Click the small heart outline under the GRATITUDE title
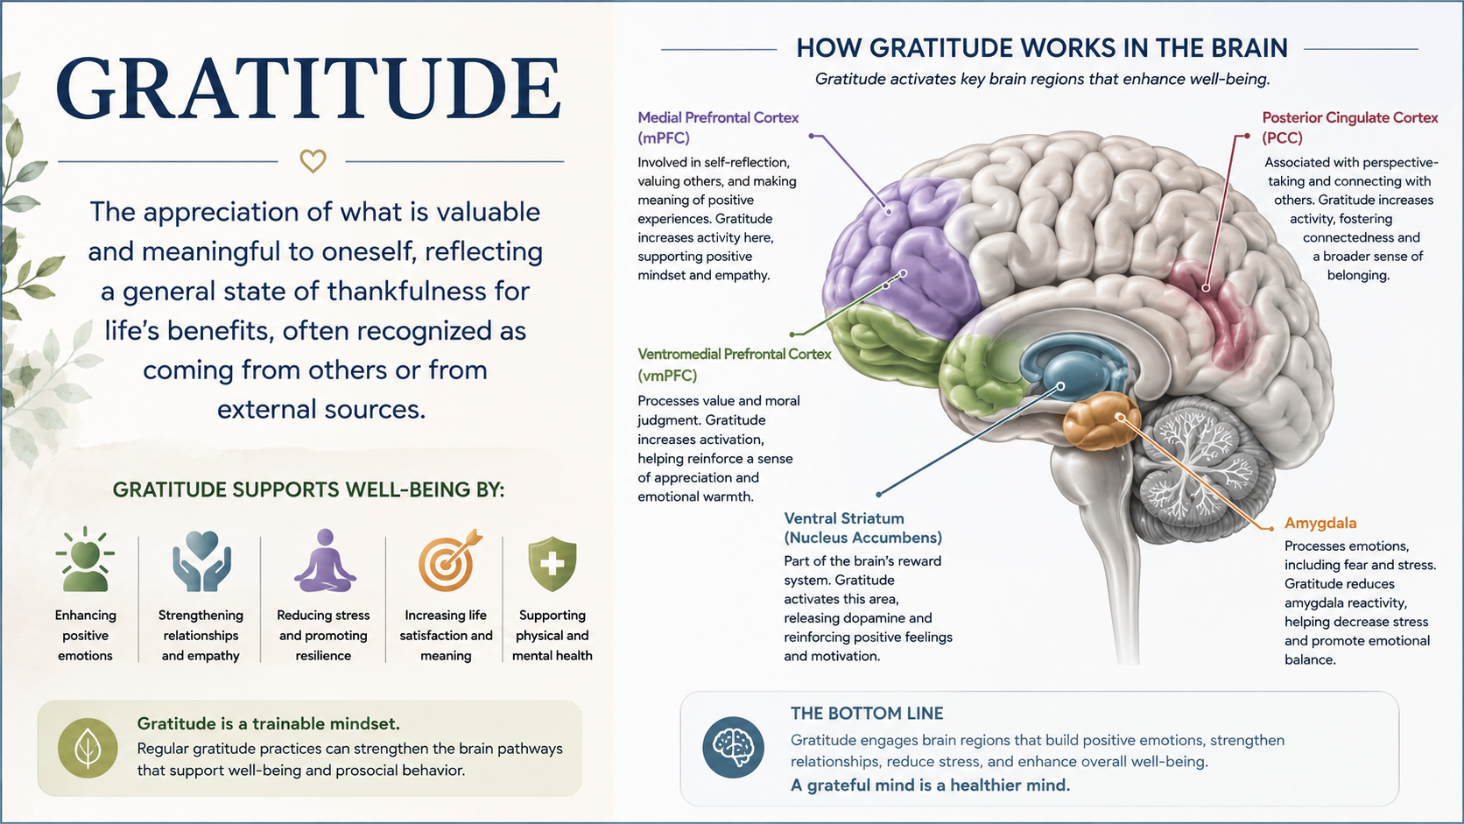(x=313, y=161)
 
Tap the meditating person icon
(x=325, y=560)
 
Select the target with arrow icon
(x=450, y=560)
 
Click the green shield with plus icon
(x=553, y=564)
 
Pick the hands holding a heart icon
(x=201, y=560)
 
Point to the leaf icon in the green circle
(x=88, y=748)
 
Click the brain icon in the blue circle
(x=733, y=748)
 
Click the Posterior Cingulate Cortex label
(x=1349, y=128)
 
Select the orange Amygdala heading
(x=1320, y=523)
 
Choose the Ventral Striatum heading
(x=862, y=528)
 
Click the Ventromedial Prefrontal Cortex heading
(x=734, y=364)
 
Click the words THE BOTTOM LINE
(x=867, y=713)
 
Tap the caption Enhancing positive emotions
(x=85, y=635)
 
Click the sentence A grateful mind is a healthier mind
(x=930, y=785)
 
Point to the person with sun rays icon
(x=86, y=560)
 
